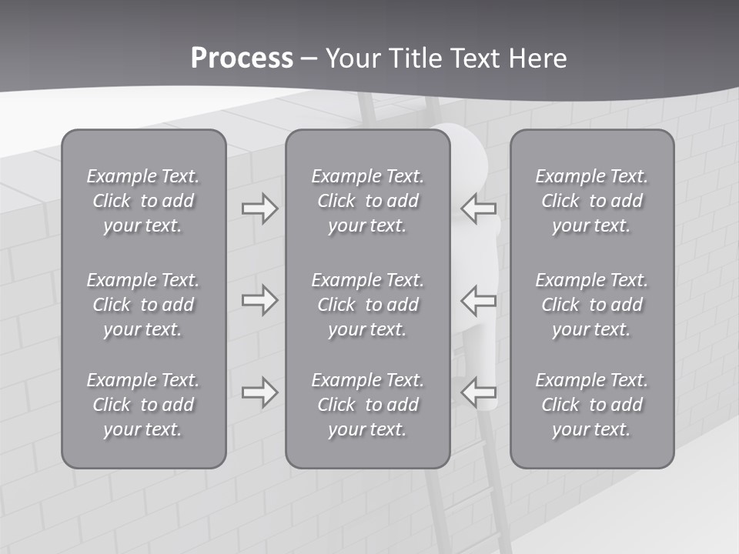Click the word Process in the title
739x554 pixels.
pyautogui.click(x=242, y=58)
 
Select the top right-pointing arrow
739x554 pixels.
pyautogui.click(x=259, y=209)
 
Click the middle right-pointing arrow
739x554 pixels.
pyautogui.click(x=259, y=300)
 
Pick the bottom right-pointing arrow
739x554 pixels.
pyautogui.click(x=259, y=392)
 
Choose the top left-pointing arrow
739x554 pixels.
pyautogui.click(x=478, y=209)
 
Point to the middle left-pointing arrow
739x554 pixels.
pyautogui.click(x=478, y=300)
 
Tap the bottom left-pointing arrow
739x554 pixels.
pyautogui.click(x=478, y=392)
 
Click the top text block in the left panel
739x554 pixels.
pyautogui.click(x=143, y=201)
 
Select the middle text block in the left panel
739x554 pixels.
pyautogui.click(x=143, y=305)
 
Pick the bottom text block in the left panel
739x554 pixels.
pyautogui.click(x=143, y=405)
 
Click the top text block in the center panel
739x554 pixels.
pyautogui.click(x=367, y=201)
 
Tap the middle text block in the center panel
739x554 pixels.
pyautogui.click(x=367, y=305)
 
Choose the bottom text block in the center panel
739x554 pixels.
pyautogui.click(x=367, y=405)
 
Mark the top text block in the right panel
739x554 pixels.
pyautogui.click(x=591, y=201)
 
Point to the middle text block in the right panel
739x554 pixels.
pyautogui.click(x=591, y=305)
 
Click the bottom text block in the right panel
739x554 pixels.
pyautogui.click(x=591, y=405)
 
